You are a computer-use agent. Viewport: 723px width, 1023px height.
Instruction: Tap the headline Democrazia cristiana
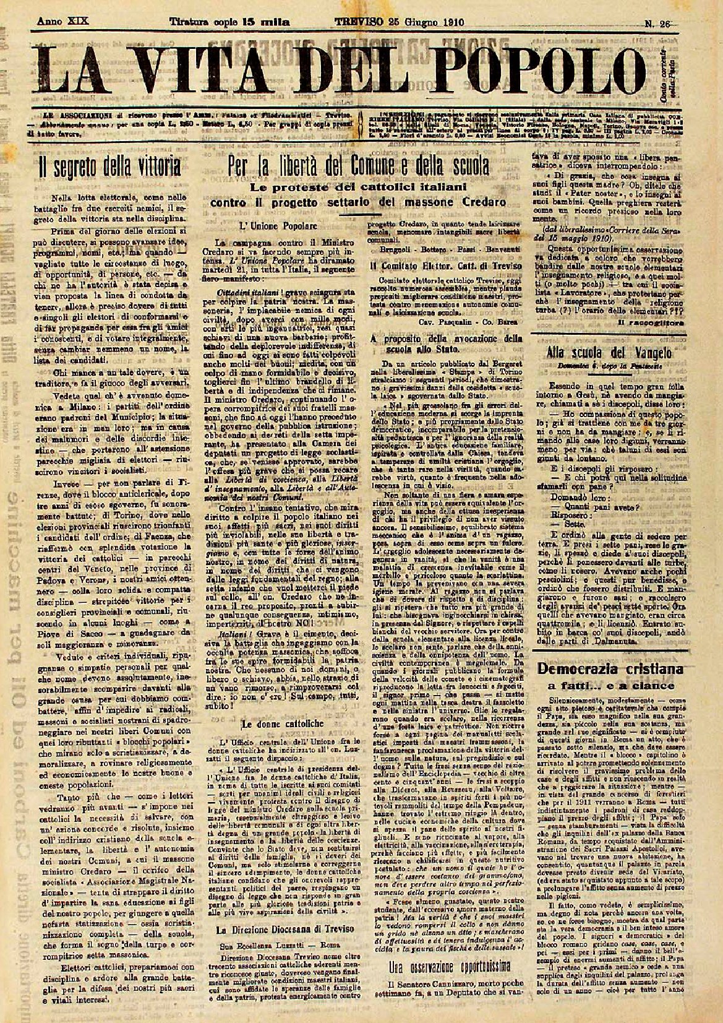tap(610, 670)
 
